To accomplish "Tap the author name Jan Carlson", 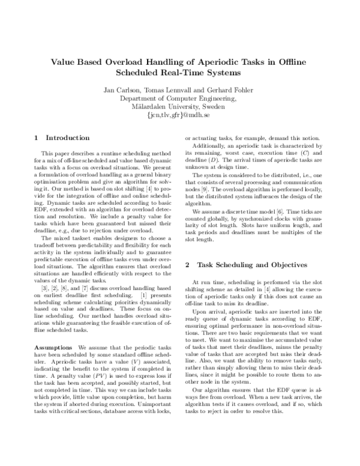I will click(x=120, y=90).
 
